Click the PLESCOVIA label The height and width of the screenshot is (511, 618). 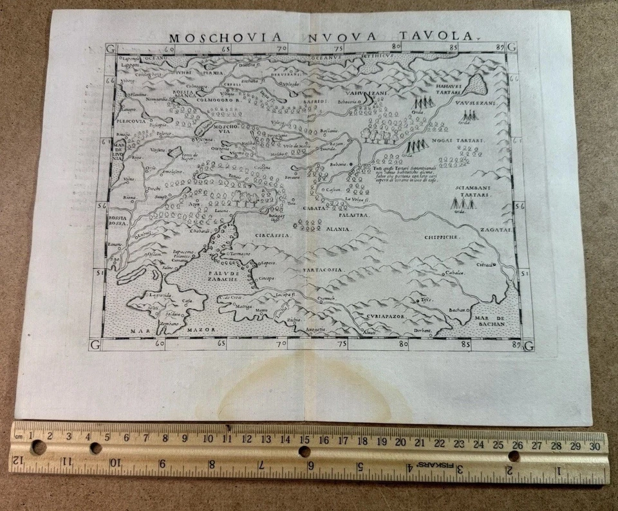(132, 120)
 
